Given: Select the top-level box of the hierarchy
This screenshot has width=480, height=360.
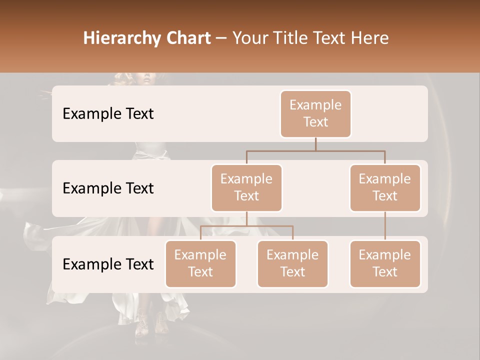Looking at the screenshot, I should (315, 114).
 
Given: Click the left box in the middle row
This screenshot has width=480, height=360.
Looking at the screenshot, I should (246, 188).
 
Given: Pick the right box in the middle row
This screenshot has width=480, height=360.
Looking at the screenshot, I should (385, 188).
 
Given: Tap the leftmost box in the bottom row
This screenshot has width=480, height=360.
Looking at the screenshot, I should (200, 264).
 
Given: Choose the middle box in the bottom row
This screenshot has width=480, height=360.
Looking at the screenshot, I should (292, 264).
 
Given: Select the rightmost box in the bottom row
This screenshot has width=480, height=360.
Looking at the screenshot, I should (385, 264).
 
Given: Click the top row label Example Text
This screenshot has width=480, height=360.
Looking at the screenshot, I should (108, 114).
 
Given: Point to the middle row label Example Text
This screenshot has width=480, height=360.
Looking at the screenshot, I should (108, 188).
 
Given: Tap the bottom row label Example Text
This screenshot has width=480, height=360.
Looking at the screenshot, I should (108, 264).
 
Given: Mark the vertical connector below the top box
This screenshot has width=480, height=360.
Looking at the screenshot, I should (315, 144).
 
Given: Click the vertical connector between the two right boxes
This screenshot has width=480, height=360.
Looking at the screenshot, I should (385, 226).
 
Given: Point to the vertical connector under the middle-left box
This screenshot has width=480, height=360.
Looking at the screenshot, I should (246, 218).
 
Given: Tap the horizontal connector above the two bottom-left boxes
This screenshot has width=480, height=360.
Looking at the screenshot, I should (246, 226).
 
